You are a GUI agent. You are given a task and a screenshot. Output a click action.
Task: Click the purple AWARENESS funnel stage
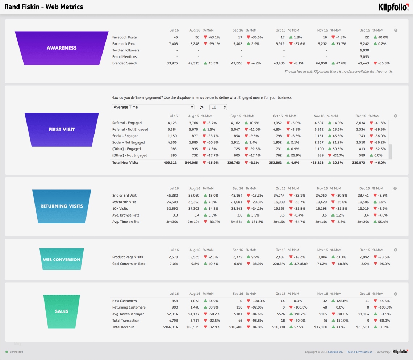point(62,48)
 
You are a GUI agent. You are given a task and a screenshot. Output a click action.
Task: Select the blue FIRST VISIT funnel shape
point(62,129)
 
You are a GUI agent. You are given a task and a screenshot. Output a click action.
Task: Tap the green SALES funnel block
point(62,311)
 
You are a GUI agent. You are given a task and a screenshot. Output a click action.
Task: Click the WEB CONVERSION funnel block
point(62,259)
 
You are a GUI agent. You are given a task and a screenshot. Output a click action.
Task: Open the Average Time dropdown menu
point(153,107)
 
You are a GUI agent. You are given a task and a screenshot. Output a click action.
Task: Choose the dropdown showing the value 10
point(218,107)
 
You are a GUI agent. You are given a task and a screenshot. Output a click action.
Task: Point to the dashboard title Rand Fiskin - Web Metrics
point(43,7)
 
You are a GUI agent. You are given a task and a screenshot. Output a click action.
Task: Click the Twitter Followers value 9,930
point(364,50)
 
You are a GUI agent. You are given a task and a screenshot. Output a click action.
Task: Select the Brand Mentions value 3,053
point(364,57)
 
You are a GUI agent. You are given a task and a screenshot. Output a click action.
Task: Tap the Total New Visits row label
point(125,163)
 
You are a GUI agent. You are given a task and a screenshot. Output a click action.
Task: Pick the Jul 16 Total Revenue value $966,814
point(170,327)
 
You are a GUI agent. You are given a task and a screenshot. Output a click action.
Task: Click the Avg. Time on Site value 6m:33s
point(237,222)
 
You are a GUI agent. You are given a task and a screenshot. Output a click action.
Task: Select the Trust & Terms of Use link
point(359,352)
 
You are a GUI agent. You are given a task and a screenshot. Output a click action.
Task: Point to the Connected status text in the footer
point(16,352)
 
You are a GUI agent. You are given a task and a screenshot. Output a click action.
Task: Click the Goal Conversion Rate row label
point(129,264)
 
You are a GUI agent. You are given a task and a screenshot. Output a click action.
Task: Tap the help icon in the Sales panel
point(396,294)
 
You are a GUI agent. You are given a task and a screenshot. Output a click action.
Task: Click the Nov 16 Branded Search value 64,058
point(321,63)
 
